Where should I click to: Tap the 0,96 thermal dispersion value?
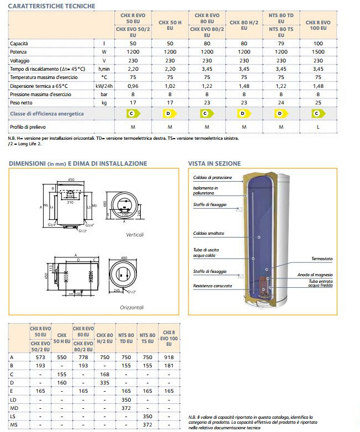coord(133,86)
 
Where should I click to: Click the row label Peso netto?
coord(24,103)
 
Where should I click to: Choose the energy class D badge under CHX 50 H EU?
coord(170,114)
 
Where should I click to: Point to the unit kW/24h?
coord(103,86)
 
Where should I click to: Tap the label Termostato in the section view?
coord(322,259)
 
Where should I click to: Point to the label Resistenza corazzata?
coord(213,286)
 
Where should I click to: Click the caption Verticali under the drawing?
coord(135,234)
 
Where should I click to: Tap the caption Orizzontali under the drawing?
coord(132,307)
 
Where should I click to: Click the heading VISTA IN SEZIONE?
coord(214,164)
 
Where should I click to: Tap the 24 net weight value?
coord(281,103)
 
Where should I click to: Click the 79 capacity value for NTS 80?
coord(281,43)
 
